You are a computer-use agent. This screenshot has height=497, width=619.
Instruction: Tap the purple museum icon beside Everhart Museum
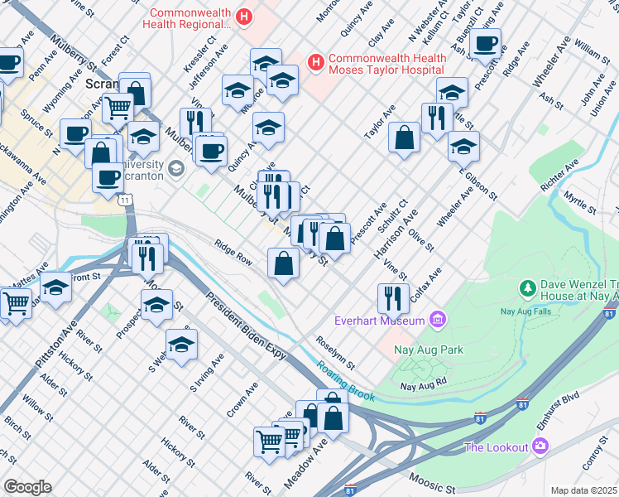click(x=438, y=320)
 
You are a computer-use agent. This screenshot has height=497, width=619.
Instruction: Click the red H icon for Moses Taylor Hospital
click(x=315, y=61)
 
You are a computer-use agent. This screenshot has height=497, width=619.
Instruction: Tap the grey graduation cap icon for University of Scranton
click(x=175, y=170)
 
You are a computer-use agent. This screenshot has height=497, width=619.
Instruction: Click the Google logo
click(x=27, y=486)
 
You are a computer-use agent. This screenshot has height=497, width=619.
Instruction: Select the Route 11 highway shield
click(x=124, y=200)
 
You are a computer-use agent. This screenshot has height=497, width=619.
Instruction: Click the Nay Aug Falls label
click(x=525, y=312)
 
